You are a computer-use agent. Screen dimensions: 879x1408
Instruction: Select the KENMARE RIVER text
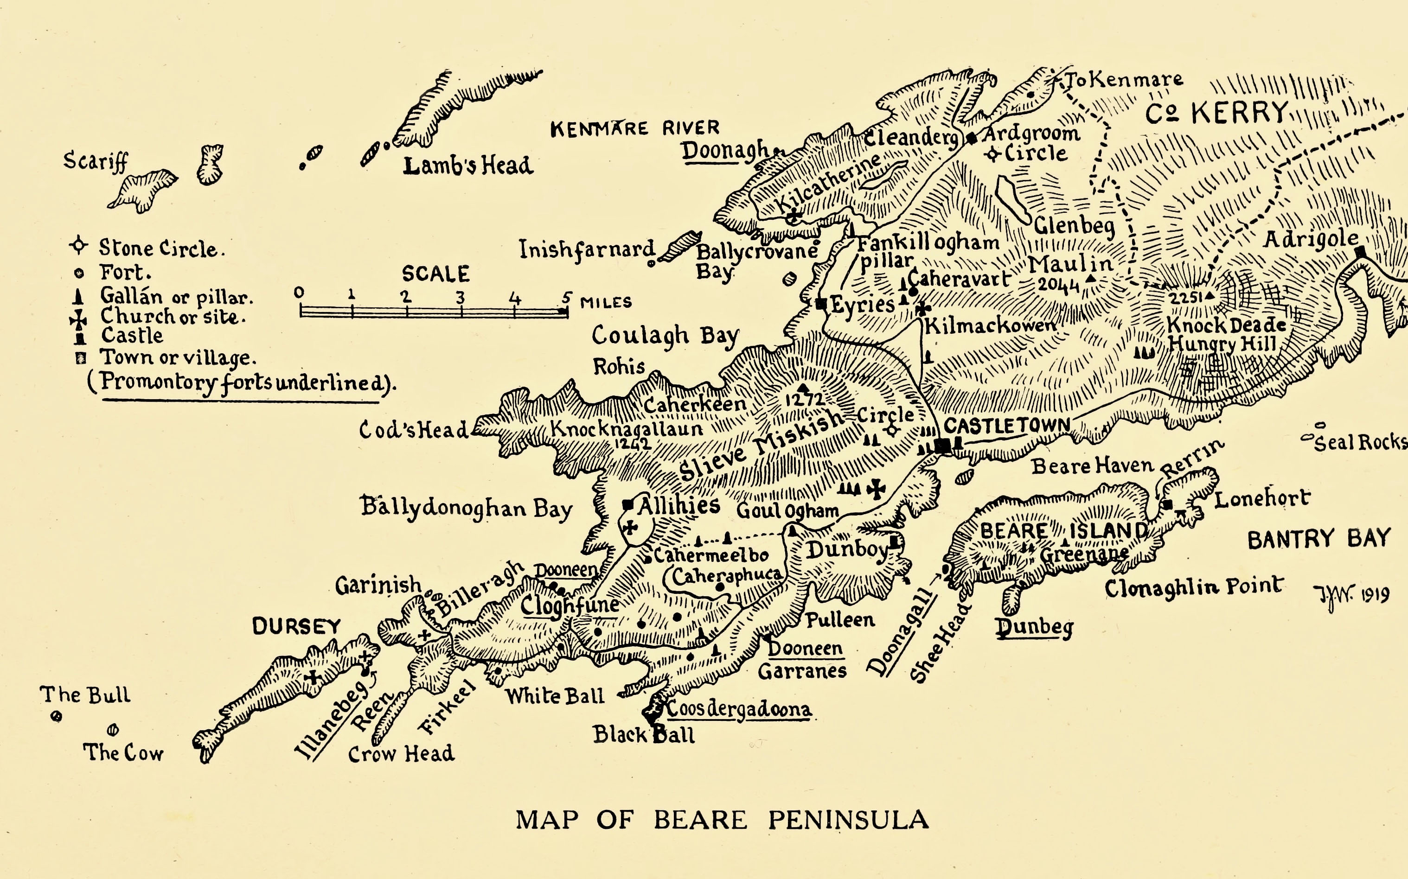point(634,128)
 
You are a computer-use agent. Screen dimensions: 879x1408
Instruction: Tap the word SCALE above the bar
point(435,274)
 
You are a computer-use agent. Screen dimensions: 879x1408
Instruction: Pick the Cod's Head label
point(413,430)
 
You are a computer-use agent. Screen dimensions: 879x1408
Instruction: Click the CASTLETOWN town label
point(1006,426)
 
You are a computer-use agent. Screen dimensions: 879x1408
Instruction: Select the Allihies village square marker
point(627,504)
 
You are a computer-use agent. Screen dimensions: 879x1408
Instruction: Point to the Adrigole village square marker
point(1360,252)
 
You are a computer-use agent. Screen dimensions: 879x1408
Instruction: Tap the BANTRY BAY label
point(1318,540)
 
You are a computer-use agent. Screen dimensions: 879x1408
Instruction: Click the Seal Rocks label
point(1360,443)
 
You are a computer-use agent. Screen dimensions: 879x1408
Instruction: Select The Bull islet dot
point(57,716)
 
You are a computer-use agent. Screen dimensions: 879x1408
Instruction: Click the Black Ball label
point(643,735)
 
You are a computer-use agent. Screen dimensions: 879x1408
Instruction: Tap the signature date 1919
point(1375,595)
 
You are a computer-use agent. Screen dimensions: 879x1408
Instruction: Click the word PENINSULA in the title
point(848,820)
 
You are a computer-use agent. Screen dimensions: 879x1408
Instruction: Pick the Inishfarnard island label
point(586,250)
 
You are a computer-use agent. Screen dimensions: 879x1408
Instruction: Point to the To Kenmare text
point(1124,80)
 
